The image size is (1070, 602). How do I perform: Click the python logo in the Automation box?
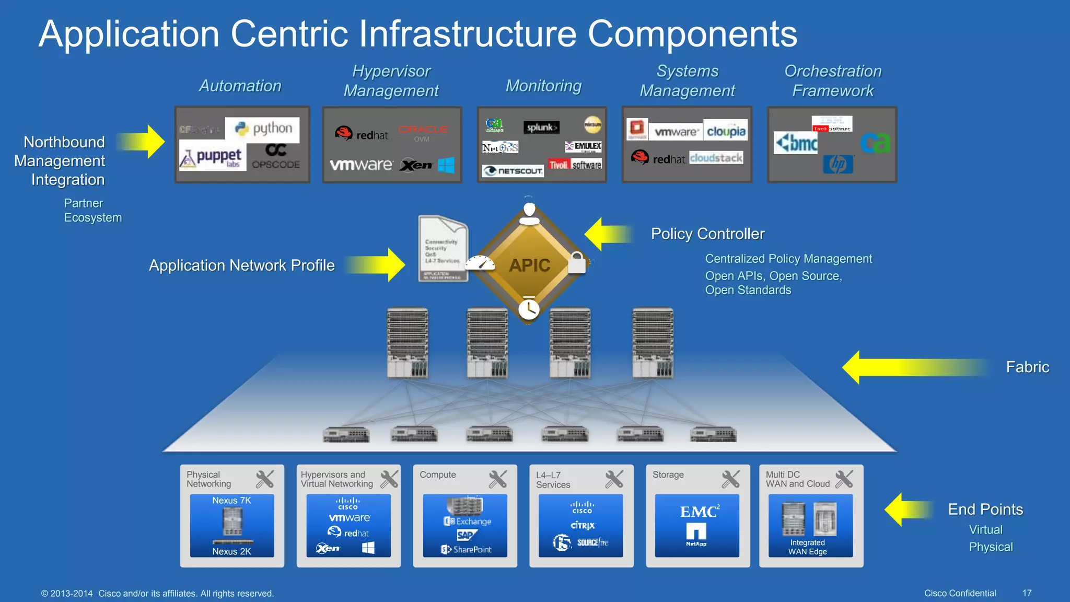263,129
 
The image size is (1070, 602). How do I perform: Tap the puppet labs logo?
212,157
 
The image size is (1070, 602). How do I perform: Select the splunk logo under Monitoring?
541,127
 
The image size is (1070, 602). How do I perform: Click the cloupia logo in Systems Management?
726,131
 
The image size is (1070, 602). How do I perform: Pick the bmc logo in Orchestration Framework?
796,143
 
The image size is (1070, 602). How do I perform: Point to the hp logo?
838,164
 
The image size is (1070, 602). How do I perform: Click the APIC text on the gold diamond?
529,265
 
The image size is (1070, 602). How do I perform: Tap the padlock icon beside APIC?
577,262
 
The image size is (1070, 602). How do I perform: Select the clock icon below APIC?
529,309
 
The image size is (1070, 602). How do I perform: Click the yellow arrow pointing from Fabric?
914,367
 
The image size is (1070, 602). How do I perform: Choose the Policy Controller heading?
707,234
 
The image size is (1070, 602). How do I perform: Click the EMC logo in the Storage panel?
699,512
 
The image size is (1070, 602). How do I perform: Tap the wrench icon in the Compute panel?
497,479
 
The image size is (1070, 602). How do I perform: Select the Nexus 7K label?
231,501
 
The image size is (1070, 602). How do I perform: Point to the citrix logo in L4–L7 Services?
582,525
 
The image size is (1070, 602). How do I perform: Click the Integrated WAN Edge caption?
807,547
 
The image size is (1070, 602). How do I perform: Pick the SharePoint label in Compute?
467,549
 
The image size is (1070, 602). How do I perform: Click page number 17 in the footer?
1027,593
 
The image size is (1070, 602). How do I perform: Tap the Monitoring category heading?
543,86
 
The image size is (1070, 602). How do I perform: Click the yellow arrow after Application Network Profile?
376,265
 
